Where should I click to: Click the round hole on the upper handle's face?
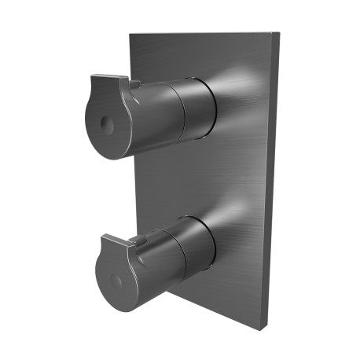pyautogui.click(x=105, y=125)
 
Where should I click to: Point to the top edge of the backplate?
pyautogui.click(x=204, y=34)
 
